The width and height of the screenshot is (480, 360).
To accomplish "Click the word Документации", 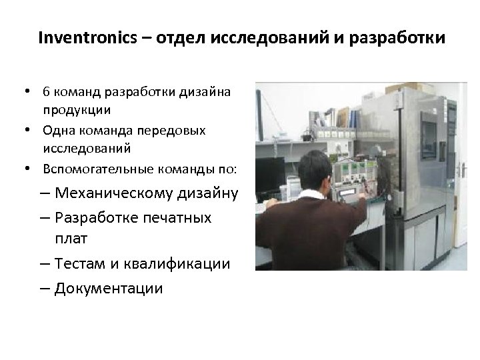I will click(109, 288).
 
